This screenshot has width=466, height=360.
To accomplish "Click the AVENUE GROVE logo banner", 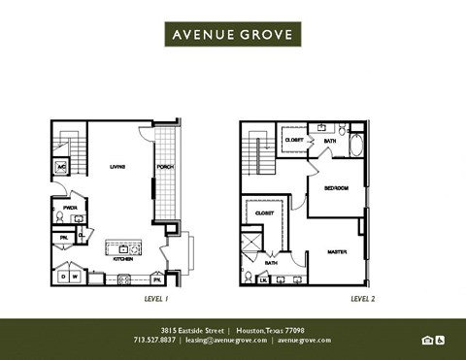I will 233,35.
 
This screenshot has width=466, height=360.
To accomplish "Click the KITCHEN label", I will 123,259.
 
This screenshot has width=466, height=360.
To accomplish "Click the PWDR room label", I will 70,207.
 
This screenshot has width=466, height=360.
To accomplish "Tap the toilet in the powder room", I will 58,218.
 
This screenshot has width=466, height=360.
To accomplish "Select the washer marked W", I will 77,277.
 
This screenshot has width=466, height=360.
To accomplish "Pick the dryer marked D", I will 64,277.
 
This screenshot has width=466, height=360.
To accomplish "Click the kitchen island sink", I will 123,248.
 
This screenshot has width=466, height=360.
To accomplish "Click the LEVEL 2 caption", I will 336,300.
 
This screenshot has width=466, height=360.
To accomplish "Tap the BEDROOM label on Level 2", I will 336,187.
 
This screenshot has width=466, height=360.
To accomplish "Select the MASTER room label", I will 336,250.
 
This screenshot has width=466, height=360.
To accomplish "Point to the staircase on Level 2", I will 256,155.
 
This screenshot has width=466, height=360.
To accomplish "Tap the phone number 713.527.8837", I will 155,341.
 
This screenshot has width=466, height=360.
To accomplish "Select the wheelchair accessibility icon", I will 439,340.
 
